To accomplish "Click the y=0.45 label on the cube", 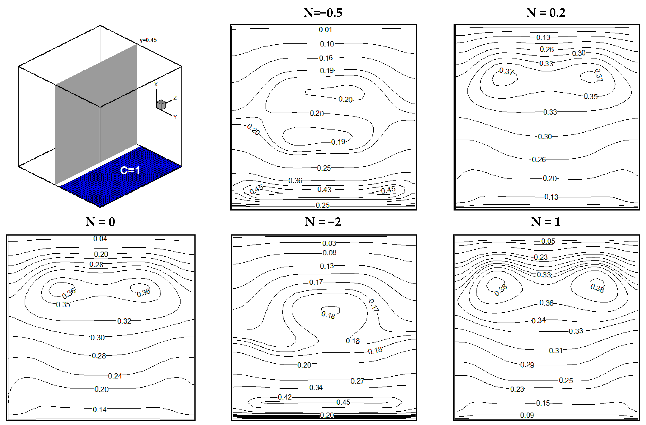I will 148,40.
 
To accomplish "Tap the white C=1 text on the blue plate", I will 130,170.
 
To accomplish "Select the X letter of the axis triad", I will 156,84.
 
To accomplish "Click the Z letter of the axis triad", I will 175,98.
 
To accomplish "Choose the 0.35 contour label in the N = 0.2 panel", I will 591,96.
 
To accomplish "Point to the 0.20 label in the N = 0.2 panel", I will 550,178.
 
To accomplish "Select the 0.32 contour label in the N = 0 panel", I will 124,321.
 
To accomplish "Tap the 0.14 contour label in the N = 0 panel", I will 100,409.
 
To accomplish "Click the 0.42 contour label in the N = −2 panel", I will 285,397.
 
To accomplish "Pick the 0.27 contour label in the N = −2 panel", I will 357,381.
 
